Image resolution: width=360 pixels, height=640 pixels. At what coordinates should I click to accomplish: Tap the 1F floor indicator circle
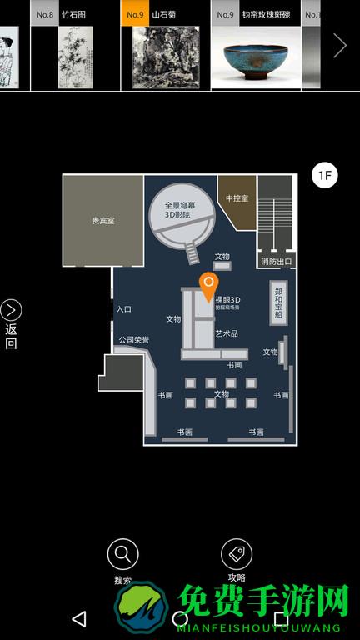pos(324,175)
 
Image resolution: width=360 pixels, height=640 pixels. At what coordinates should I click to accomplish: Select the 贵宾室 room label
pos(103,221)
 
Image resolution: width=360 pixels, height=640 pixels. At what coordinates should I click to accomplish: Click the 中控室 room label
pos(237,198)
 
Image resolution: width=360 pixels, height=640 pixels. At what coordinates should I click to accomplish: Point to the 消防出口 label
pos(276,262)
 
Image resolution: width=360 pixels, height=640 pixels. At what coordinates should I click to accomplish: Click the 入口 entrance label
pos(124,309)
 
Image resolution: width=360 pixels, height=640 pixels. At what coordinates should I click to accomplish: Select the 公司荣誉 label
pos(133,340)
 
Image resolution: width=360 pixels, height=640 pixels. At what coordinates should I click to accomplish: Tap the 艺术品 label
pos(227,333)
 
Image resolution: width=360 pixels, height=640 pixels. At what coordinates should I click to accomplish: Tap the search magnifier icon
pos(122,553)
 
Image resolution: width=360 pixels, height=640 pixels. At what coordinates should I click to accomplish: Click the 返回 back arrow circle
pos(11,311)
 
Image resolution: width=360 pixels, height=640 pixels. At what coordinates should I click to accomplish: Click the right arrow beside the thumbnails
pos(339,46)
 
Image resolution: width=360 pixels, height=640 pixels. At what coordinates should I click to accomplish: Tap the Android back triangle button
pos(79,619)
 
